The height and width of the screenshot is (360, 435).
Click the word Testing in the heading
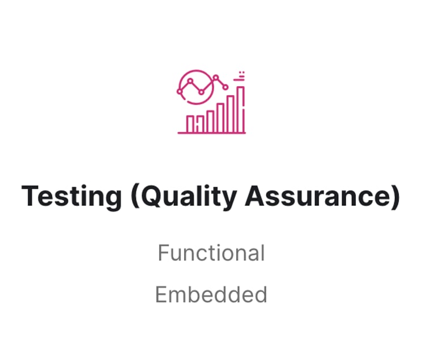click(x=71, y=197)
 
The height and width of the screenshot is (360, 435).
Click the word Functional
click(x=211, y=253)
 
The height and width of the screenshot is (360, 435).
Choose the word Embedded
click(x=211, y=294)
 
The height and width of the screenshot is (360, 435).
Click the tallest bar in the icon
click(x=241, y=109)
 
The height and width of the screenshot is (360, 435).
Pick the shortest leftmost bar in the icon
click(x=190, y=124)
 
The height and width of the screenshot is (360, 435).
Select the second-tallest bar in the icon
click(x=231, y=114)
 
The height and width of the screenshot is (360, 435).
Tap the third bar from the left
click(x=210, y=122)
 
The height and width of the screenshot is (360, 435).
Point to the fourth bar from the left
click(x=220, y=118)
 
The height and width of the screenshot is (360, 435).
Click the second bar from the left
click(x=200, y=124)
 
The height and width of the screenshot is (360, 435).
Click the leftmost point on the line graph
click(x=180, y=91)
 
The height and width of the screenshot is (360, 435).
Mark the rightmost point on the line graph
click(x=225, y=87)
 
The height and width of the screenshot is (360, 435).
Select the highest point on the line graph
click(x=216, y=77)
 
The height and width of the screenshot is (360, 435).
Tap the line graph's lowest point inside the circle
click(x=202, y=92)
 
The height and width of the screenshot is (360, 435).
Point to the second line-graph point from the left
click(x=190, y=81)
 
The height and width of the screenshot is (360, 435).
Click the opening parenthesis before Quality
click(x=135, y=196)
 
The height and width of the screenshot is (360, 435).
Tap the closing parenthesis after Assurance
click(x=396, y=196)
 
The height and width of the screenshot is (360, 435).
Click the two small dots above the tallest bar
click(x=244, y=74)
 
